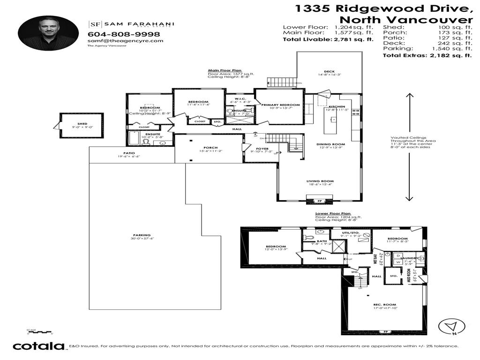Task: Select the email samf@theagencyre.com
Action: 125,41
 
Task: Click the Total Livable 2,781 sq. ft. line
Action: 328,40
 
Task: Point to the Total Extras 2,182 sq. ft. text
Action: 427,56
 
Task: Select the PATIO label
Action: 129,153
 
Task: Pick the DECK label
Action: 329,72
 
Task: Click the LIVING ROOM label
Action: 320,181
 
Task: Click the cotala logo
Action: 38,346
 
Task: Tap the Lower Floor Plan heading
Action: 333,213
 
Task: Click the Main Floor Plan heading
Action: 225,70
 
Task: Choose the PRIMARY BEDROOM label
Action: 280,105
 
